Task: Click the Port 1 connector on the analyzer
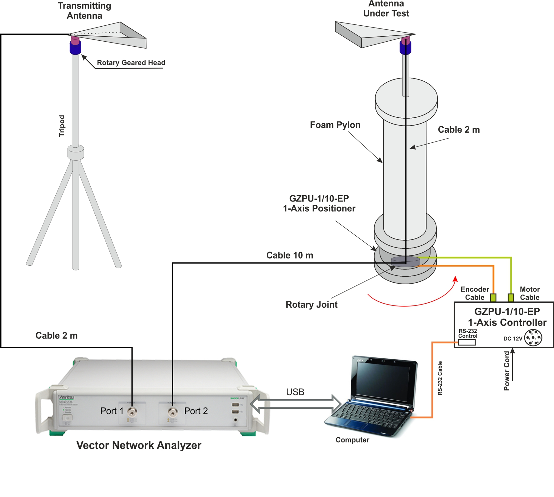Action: [x=132, y=411]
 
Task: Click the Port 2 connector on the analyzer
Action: [x=173, y=411]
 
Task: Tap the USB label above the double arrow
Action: [x=295, y=392]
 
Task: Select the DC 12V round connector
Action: [x=533, y=338]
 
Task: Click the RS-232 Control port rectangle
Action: [x=467, y=342]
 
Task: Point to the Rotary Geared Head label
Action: [x=131, y=63]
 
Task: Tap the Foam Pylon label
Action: [x=335, y=125]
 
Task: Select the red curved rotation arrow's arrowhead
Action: [x=456, y=279]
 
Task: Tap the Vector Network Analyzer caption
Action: [x=138, y=445]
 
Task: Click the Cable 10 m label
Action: [x=290, y=255]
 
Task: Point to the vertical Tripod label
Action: [x=62, y=126]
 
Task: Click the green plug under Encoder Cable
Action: [x=493, y=297]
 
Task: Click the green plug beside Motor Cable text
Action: [x=511, y=297]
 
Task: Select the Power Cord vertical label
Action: [x=506, y=371]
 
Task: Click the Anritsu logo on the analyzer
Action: [x=67, y=397]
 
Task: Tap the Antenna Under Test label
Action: [x=386, y=9]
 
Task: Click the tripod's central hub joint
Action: [x=76, y=153]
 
